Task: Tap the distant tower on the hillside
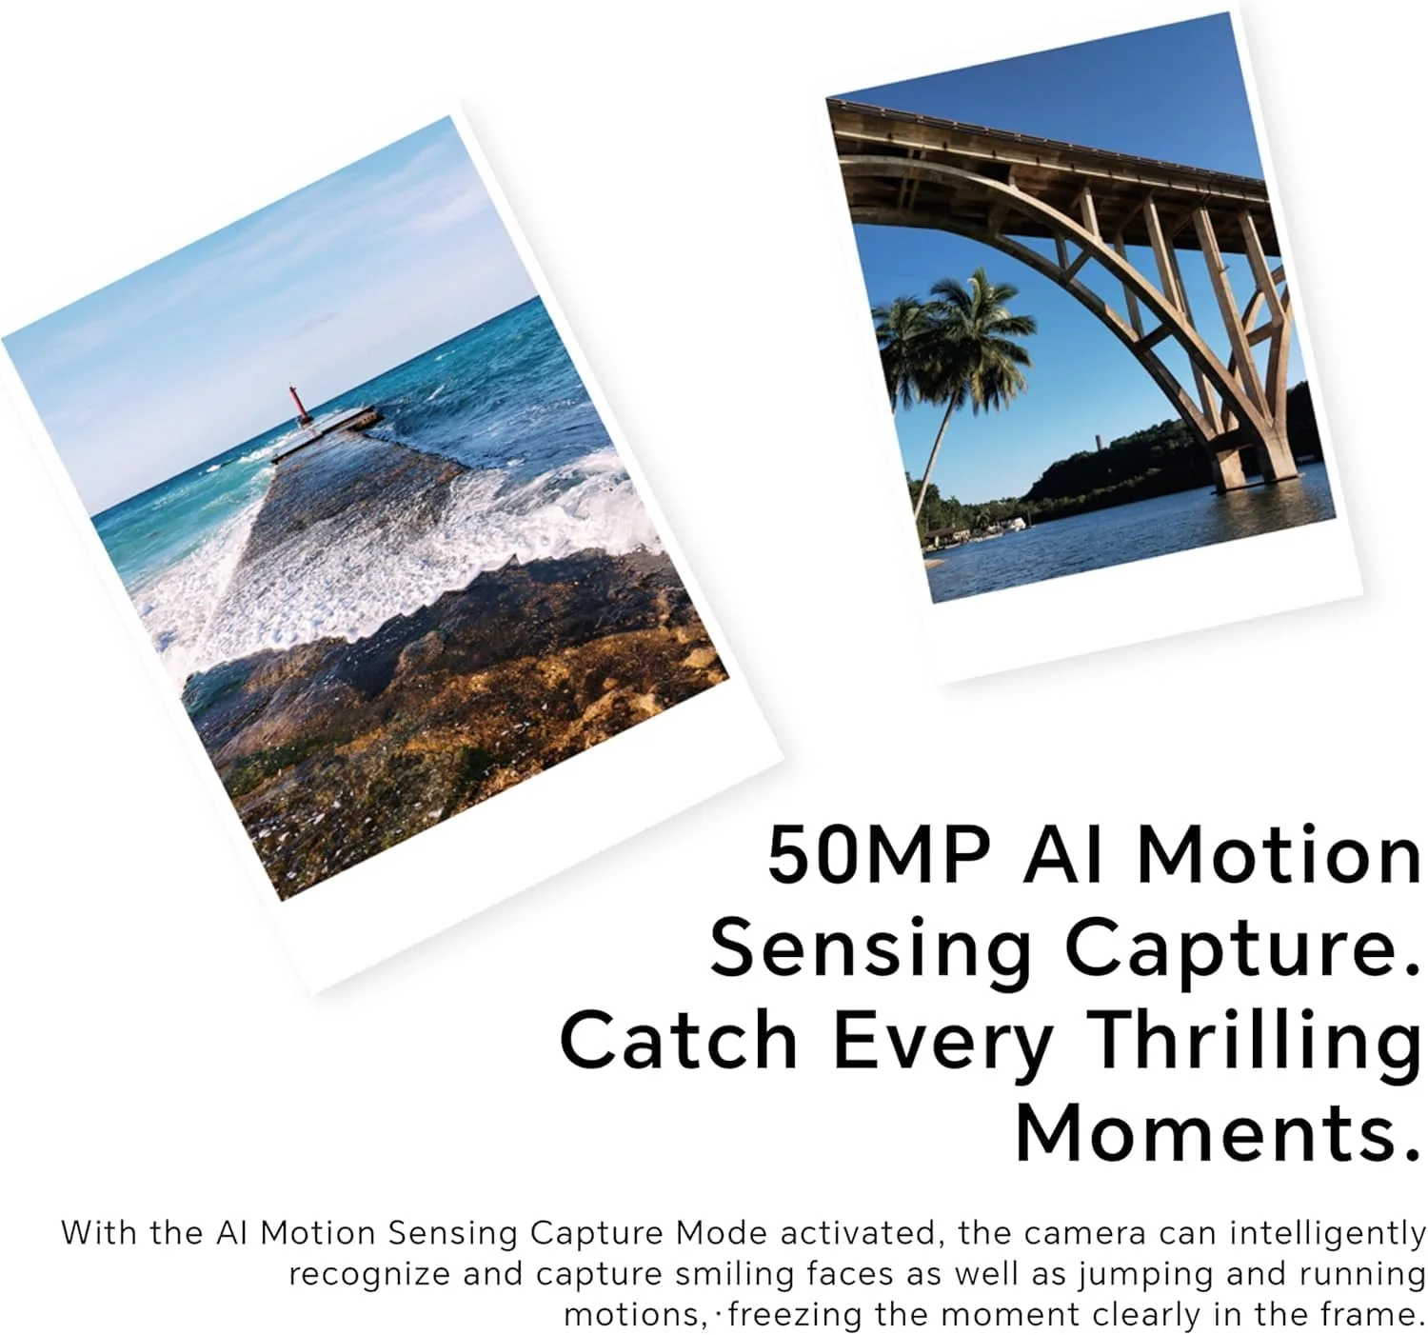(x=1099, y=447)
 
